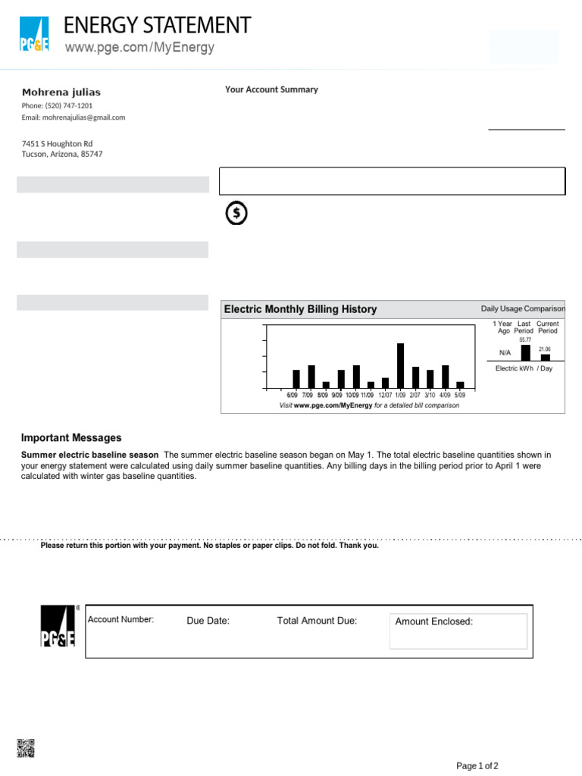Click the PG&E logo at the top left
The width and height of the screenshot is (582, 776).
[x=34, y=35]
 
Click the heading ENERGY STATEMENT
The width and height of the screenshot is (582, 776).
[x=157, y=26]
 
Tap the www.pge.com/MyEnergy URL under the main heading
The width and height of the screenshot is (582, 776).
[x=139, y=48]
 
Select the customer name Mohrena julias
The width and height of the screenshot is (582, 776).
[x=61, y=92]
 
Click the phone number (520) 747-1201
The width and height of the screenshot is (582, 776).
[x=58, y=105]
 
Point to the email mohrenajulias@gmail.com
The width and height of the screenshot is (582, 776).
[x=74, y=117]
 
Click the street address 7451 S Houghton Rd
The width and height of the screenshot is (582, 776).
[x=57, y=143]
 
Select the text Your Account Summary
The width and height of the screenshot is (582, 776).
[x=271, y=89]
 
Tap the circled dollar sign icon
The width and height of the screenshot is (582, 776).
[x=236, y=214]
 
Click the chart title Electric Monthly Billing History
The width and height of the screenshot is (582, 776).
[x=300, y=309]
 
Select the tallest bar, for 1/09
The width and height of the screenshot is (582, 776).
[x=400, y=365]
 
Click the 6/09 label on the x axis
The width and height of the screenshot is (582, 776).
[x=293, y=396]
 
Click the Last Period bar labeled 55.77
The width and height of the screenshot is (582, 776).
[x=525, y=352]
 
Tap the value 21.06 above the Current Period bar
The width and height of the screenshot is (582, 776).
[x=545, y=349]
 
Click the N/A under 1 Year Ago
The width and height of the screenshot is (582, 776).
[x=505, y=353]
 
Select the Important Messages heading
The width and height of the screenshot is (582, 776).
[x=71, y=438]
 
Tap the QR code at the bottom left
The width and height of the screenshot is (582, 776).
[x=25, y=748]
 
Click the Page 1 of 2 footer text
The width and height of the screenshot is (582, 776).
[x=477, y=765]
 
